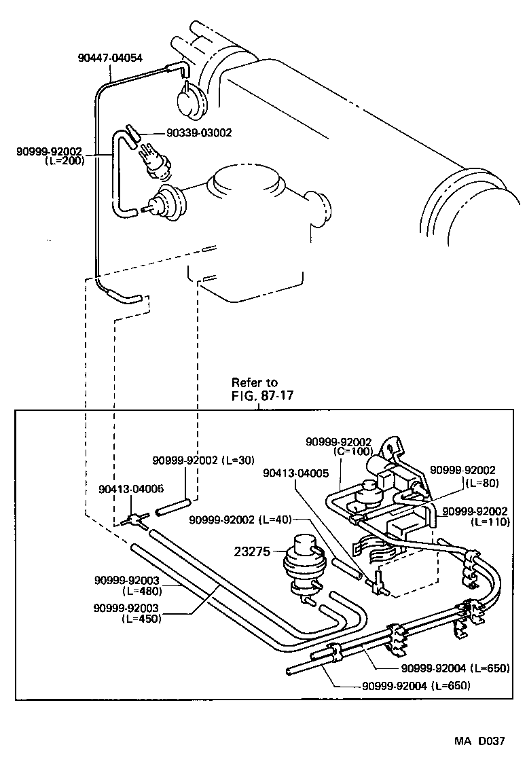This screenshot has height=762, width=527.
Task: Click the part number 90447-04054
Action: click(x=109, y=58)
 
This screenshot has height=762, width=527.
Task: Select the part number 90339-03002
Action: click(x=199, y=133)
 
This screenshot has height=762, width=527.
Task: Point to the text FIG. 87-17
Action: click(x=262, y=395)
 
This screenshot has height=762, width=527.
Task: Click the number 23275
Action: click(x=255, y=552)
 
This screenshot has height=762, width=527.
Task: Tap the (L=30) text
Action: click(x=238, y=460)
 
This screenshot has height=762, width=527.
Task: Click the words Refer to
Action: click(x=255, y=382)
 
